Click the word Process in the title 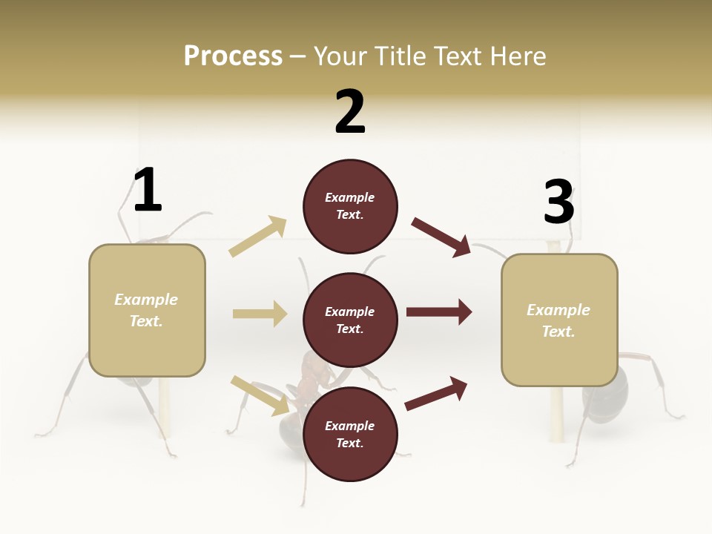[x=233, y=56]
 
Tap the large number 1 [x=148, y=191]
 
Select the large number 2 [x=350, y=112]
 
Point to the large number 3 [x=558, y=202]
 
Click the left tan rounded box [x=147, y=310]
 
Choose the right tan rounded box [x=559, y=320]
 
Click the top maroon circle [x=350, y=206]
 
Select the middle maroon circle [x=350, y=320]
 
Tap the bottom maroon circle [x=350, y=434]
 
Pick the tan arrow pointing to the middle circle [x=260, y=314]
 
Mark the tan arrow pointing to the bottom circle [x=260, y=395]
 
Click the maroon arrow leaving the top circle [x=441, y=237]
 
